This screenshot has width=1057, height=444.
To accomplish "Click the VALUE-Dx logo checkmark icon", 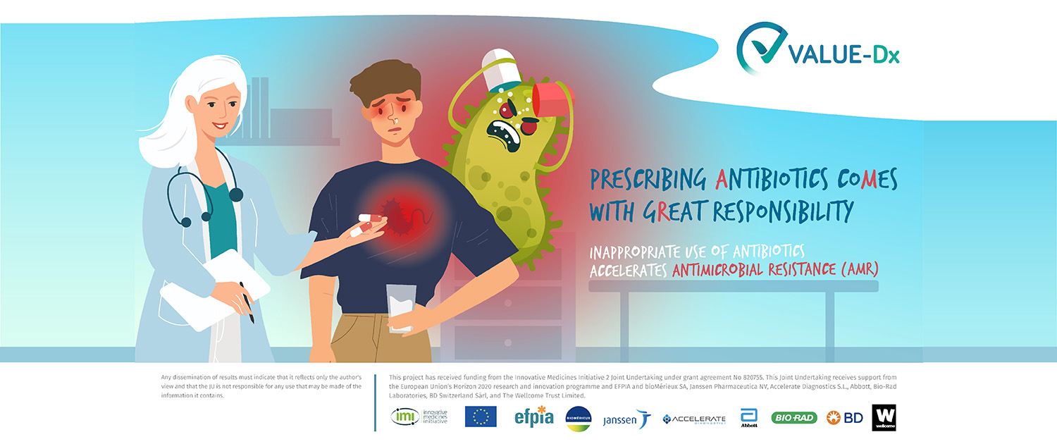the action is [760, 47].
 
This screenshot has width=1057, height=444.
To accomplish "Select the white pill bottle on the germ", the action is [502, 69].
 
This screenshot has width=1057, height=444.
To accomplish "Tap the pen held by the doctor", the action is [247, 302].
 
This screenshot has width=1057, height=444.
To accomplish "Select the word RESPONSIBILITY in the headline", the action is [783, 211].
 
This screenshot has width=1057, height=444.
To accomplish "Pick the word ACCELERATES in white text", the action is [628, 271].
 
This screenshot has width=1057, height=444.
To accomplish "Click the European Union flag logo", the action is [481, 417].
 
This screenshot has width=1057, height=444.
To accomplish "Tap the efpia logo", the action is [533, 417].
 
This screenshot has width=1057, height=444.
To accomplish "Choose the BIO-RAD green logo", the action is [794, 418].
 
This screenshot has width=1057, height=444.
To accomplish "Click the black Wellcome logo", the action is [884, 418].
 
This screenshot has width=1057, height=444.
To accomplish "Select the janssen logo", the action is [627, 419].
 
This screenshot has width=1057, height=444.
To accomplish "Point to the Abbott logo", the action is [749, 418].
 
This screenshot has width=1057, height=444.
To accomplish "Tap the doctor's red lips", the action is [219, 125].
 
